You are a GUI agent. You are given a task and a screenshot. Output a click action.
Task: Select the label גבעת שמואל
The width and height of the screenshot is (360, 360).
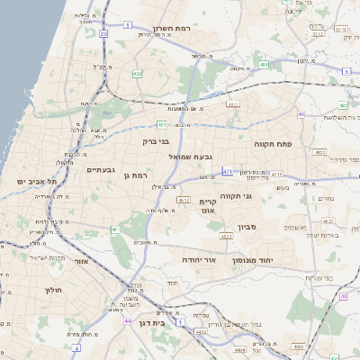192,157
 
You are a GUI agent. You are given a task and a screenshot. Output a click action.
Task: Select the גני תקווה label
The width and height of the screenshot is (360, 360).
260,195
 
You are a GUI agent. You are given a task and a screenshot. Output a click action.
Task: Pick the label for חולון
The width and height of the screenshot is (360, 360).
50,291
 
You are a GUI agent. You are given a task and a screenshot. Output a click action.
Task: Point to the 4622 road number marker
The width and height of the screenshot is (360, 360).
226,236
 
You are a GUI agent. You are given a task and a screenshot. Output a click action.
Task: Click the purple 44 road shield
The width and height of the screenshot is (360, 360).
128,321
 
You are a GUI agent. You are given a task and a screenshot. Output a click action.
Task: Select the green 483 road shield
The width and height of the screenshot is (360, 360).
320,153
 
